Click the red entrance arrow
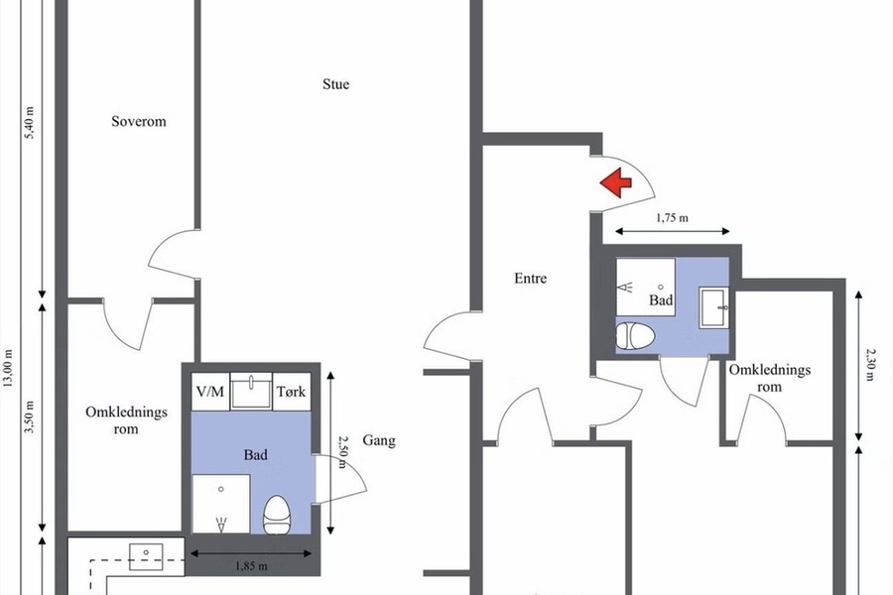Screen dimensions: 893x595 pyautogui.click(x=615, y=182)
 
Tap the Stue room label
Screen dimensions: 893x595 pyautogui.click(x=336, y=84)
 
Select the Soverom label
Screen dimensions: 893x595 pyautogui.click(x=139, y=121)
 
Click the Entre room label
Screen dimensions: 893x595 pyautogui.click(x=530, y=278)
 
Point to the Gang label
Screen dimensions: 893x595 pyautogui.click(x=379, y=440)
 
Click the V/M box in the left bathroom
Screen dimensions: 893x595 pyautogui.click(x=210, y=392)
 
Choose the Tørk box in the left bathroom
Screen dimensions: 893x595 pyautogui.click(x=292, y=392)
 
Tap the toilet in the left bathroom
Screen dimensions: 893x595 pyautogui.click(x=278, y=514)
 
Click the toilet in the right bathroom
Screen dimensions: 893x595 pyautogui.click(x=636, y=335)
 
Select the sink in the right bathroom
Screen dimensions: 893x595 pyautogui.click(x=714, y=307)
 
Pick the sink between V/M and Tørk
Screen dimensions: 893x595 pyautogui.click(x=251, y=391)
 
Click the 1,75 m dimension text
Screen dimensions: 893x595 pyautogui.click(x=672, y=217)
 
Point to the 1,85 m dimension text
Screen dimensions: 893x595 pyautogui.click(x=251, y=566)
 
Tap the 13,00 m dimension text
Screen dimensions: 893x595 pyautogui.click(x=8, y=368)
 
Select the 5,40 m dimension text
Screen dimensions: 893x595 pyautogui.click(x=30, y=122)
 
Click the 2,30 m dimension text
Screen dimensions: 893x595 pyautogui.click(x=870, y=365)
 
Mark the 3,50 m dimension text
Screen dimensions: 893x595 pyautogui.click(x=30, y=416)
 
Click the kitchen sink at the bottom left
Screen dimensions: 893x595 pyautogui.click(x=146, y=556)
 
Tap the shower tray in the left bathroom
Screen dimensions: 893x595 pyautogui.click(x=221, y=504)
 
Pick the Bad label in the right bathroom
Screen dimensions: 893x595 pyautogui.click(x=661, y=300)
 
